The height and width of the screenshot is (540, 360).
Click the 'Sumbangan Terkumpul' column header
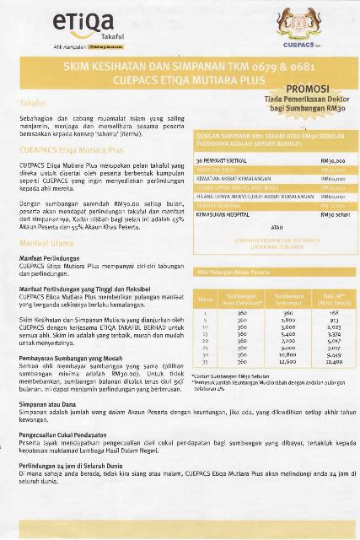click(x=288, y=299)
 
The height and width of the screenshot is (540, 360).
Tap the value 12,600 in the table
click(x=288, y=363)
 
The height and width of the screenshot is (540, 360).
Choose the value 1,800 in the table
click(x=288, y=321)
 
